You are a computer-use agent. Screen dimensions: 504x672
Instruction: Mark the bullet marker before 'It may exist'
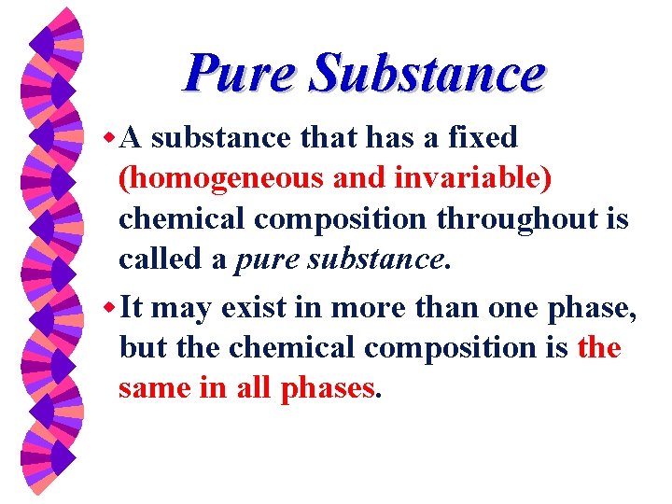[109, 306]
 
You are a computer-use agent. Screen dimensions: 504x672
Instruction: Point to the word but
[140, 347]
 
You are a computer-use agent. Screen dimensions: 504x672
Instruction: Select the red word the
[599, 347]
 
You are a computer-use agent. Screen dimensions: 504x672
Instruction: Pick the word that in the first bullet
[329, 137]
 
